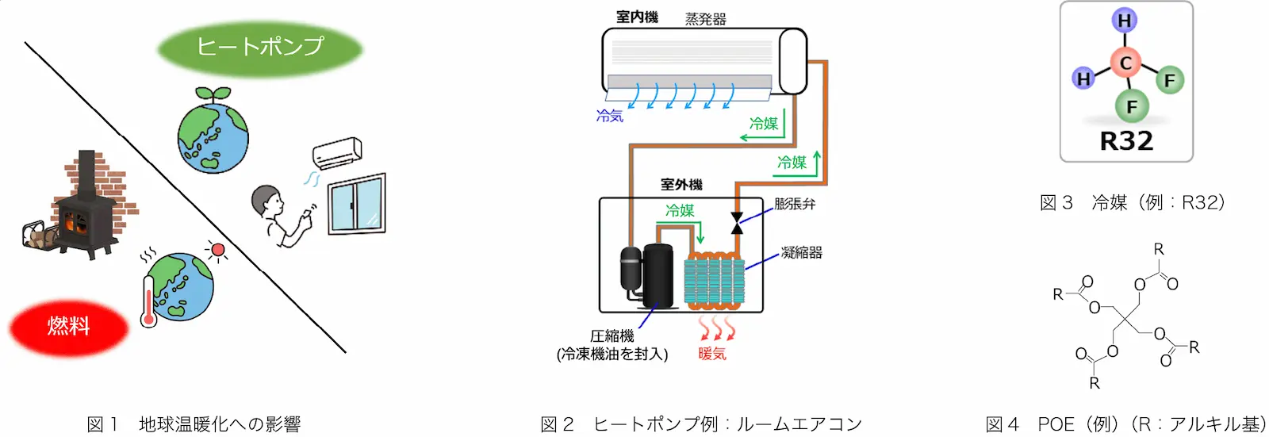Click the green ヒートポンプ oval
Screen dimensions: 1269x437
click(x=260, y=48)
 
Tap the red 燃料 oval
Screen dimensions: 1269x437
click(x=68, y=327)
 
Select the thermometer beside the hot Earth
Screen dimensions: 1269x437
click(x=149, y=301)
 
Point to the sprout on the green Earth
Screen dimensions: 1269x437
click(x=213, y=94)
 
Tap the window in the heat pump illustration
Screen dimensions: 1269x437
click(x=357, y=204)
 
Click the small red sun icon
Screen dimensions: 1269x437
click(x=217, y=250)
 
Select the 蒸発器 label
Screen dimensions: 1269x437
click(x=705, y=19)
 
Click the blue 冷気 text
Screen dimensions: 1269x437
click(x=610, y=117)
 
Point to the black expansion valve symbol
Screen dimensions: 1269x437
click(x=737, y=224)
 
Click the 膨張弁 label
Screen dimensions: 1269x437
click(x=794, y=204)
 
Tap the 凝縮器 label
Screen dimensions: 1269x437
click(x=801, y=253)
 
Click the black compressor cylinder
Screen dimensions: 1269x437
click(x=658, y=276)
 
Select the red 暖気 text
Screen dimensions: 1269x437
click(x=712, y=354)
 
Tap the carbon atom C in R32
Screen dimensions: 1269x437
click(x=1125, y=63)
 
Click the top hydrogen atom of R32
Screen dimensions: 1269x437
click(x=1124, y=21)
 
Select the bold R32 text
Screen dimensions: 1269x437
click(x=1125, y=141)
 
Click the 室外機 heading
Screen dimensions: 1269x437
click(x=681, y=185)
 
